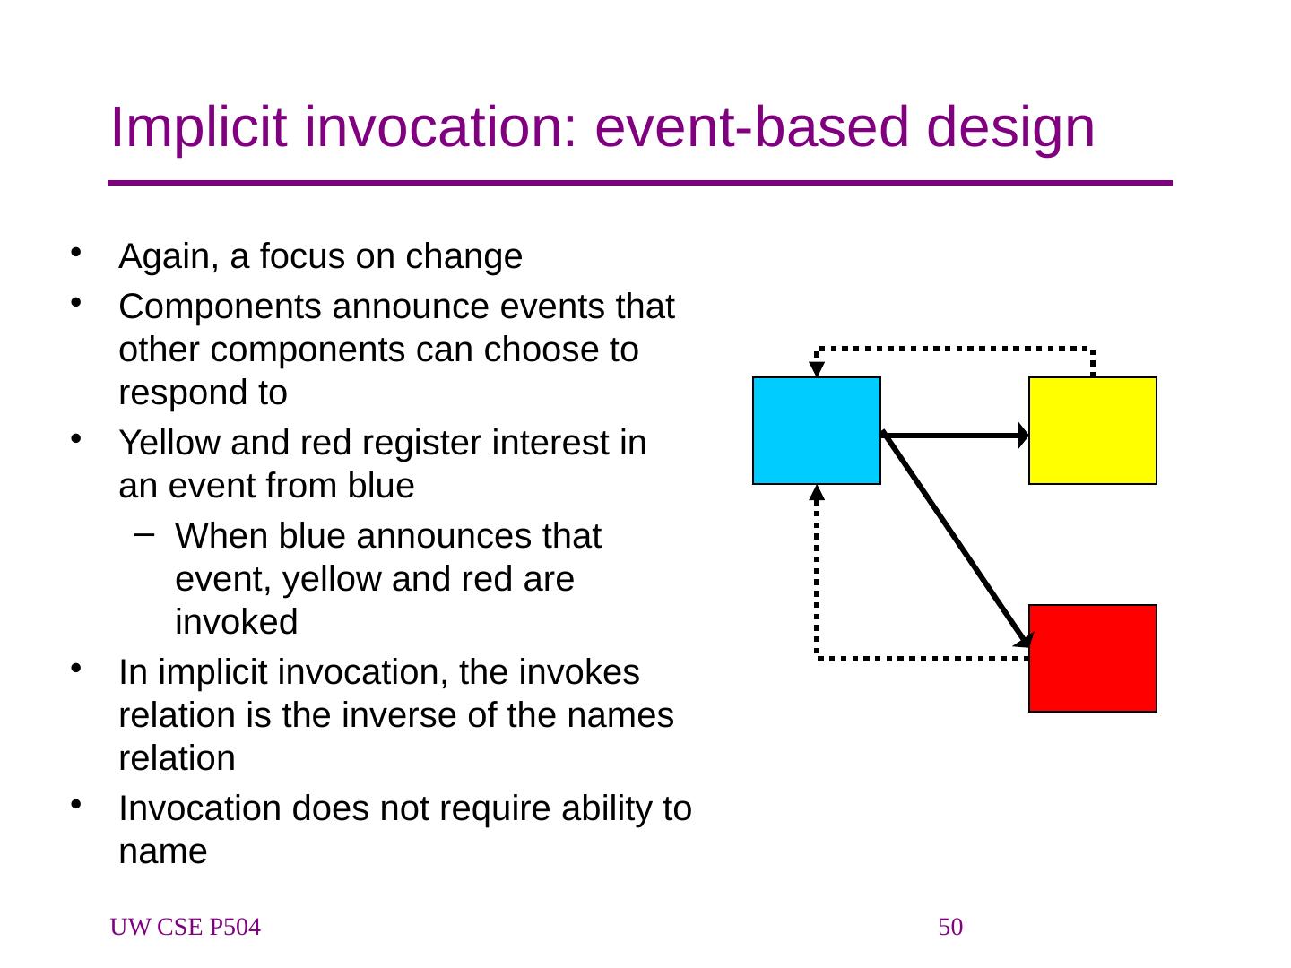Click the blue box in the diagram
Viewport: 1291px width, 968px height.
pyautogui.click(x=817, y=431)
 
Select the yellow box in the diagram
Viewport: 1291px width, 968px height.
pyautogui.click(x=1092, y=431)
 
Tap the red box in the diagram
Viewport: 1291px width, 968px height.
pyautogui.click(x=1092, y=658)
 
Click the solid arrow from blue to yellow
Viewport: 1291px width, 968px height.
pyautogui.click(x=955, y=436)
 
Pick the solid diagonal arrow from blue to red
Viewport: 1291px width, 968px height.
pyautogui.click(x=957, y=540)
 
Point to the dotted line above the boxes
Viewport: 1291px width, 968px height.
pyautogui.click(x=954, y=349)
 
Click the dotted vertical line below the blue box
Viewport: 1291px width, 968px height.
pyautogui.click(x=817, y=573)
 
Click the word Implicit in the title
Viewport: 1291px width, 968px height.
pyautogui.click(x=198, y=128)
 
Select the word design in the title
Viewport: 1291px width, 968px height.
pyautogui.click(x=1009, y=128)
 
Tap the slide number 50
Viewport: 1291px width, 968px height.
pyautogui.click(x=949, y=927)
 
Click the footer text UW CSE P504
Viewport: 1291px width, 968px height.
pyautogui.click(x=186, y=927)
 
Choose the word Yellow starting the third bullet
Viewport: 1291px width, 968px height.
pyautogui.click(x=169, y=442)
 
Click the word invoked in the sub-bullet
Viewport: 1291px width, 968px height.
pyautogui.click(x=237, y=621)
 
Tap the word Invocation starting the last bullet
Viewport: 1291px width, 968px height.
pyautogui.click(x=200, y=808)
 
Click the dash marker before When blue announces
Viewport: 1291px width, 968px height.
pyautogui.click(x=144, y=534)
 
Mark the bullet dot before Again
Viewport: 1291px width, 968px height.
pyautogui.click(x=75, y=253)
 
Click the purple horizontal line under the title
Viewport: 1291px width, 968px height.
pyautogui.click(x=640, y=183)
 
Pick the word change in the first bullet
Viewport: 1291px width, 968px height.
pyautogui.click(x=464, y=257)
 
